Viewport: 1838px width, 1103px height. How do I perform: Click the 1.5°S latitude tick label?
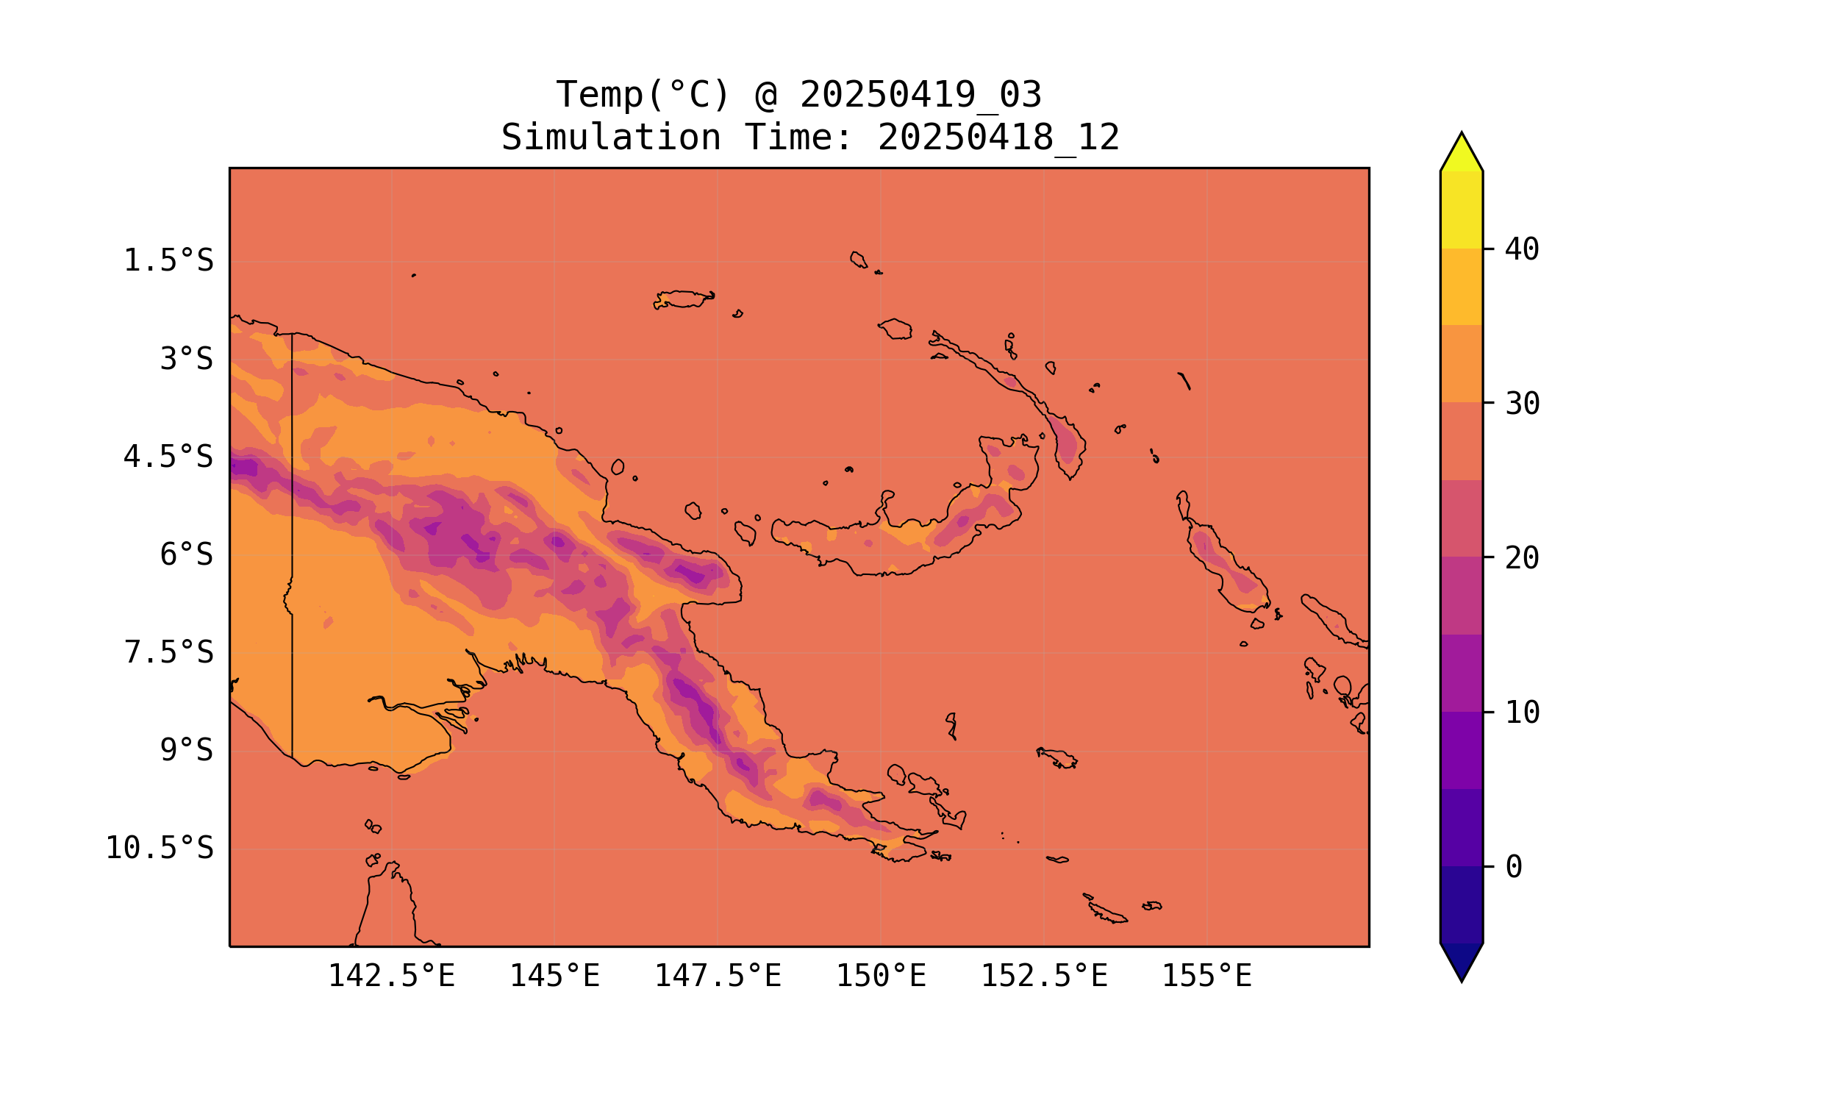click(168, 261)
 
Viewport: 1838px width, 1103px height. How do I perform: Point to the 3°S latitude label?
click(186, 359)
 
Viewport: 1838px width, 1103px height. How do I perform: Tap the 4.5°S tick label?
click(168, 457)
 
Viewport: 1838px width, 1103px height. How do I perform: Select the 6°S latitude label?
click(186, 554)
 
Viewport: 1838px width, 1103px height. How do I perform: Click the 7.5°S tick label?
click(168, 652)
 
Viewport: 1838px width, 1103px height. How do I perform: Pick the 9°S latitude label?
click(186, 750)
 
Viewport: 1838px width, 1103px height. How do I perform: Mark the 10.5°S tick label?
click(159, 848)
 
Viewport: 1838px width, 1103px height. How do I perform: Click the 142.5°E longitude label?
click(391, 976)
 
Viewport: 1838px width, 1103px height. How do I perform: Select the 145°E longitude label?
click(554, 976)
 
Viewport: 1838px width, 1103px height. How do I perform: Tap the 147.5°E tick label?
click(717, 976)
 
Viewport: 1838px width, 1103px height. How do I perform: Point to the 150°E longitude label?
click(881, 976)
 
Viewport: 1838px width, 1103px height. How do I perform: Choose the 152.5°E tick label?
click(1044, 976)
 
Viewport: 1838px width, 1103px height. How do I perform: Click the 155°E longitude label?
click(1206, 976)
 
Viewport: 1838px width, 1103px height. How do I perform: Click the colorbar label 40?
click(1522, 250)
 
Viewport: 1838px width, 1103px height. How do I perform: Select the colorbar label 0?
click(1513, 868)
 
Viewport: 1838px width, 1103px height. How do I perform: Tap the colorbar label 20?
click(1522, 558)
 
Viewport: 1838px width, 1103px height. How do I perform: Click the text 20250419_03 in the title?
click(920, 95)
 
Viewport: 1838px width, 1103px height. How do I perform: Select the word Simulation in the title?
click(611, 138)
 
